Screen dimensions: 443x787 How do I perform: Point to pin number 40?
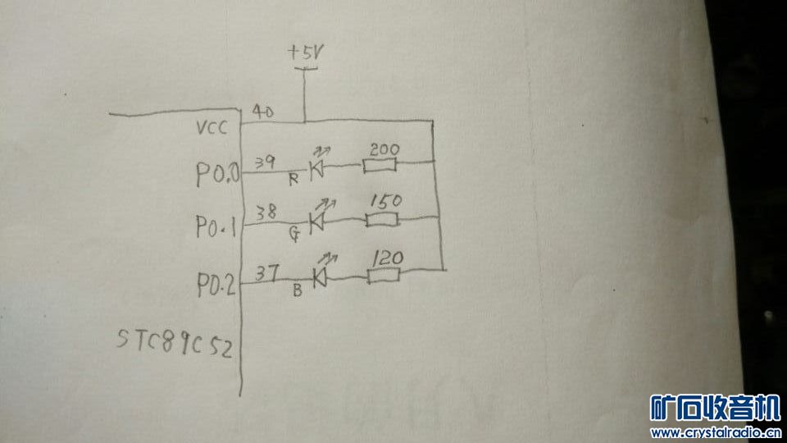(262, 111)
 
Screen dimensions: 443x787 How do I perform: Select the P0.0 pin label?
(216, 174)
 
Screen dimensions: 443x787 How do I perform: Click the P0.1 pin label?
(216, 225)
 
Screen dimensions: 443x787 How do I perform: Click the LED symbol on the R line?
(317, 169)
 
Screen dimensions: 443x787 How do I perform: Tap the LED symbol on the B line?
(319, 277)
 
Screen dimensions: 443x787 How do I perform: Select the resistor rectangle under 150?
(383, 220)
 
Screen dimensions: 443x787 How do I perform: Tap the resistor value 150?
(384, 201)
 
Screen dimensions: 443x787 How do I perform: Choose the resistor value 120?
(387, 258)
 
